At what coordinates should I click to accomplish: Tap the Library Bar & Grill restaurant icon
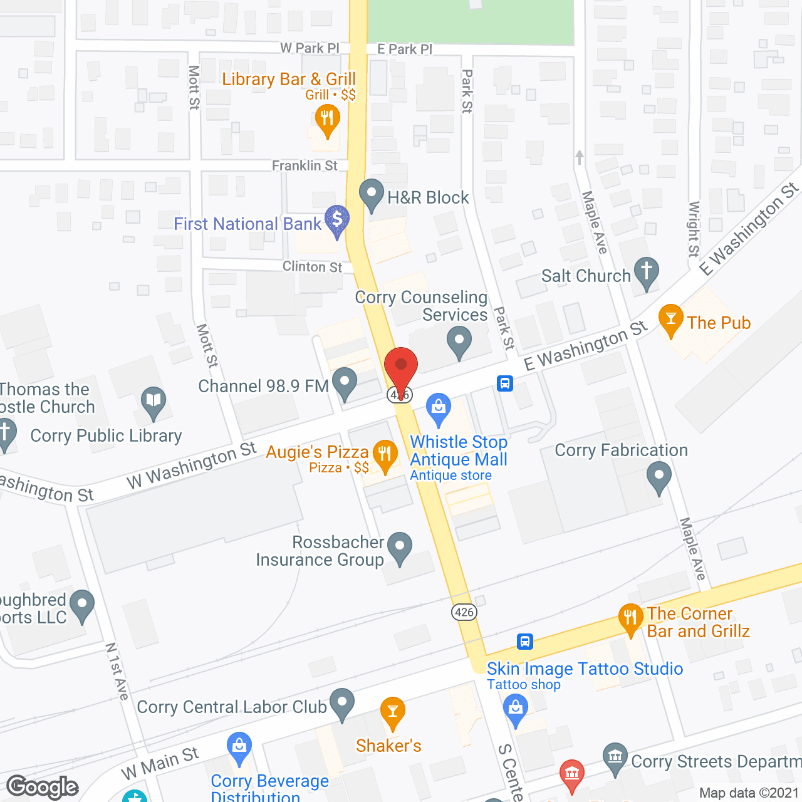point(327,119)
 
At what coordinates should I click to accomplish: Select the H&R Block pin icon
point(372,194)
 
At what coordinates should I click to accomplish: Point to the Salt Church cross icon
point(646,273)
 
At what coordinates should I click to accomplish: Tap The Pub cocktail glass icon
point(670,320)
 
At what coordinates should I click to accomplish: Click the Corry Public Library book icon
point(154,401)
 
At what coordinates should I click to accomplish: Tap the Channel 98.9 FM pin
point(344,382)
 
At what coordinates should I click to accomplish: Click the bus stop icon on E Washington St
point(505,383)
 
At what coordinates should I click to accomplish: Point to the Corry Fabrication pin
point(659,476)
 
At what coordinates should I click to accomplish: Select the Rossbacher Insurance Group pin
point(399,546)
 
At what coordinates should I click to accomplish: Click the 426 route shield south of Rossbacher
point(464,612)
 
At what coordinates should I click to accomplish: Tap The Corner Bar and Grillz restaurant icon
point(630,618)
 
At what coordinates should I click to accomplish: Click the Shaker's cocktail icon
point(393,712)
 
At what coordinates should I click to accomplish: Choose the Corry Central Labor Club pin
point(341,703)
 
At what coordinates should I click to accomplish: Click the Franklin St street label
point(305,165)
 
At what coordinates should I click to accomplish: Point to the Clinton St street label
point(312,266)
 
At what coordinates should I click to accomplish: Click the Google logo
point(43,787)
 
